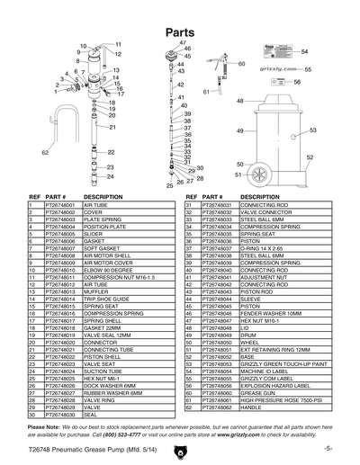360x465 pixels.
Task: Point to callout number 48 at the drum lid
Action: pyautogui.click(x=240, y=102)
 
